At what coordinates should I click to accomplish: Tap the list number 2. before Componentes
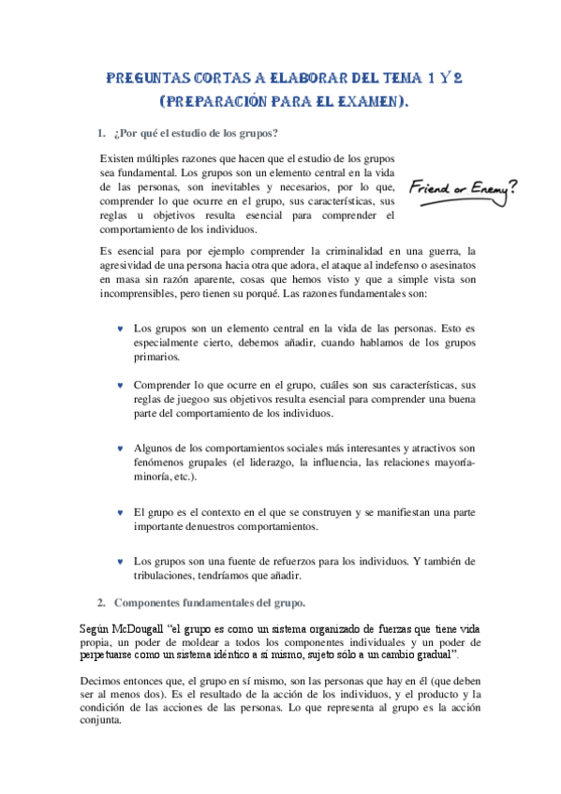tap(101, 601)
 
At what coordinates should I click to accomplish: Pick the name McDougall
tap(137, 629)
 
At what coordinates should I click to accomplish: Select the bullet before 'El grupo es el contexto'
tap(120, 513)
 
